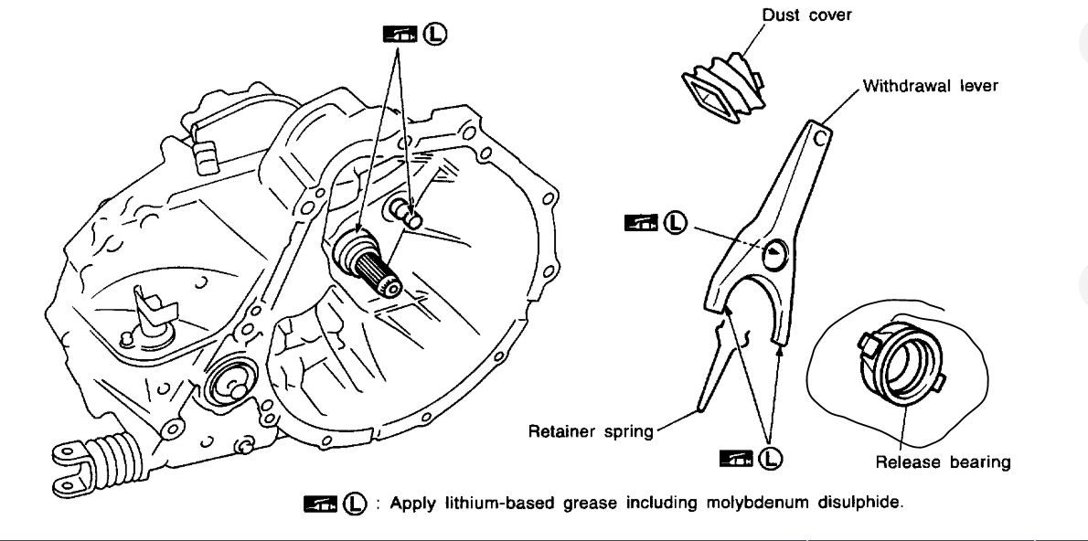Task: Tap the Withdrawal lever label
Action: pos(930,86)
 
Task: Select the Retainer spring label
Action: pos(592,430)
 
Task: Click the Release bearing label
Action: pos(943,461)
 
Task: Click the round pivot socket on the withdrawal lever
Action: pos(774,254)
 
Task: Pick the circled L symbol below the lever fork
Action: pos(773,457)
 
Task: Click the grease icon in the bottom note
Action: pos(320,504)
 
